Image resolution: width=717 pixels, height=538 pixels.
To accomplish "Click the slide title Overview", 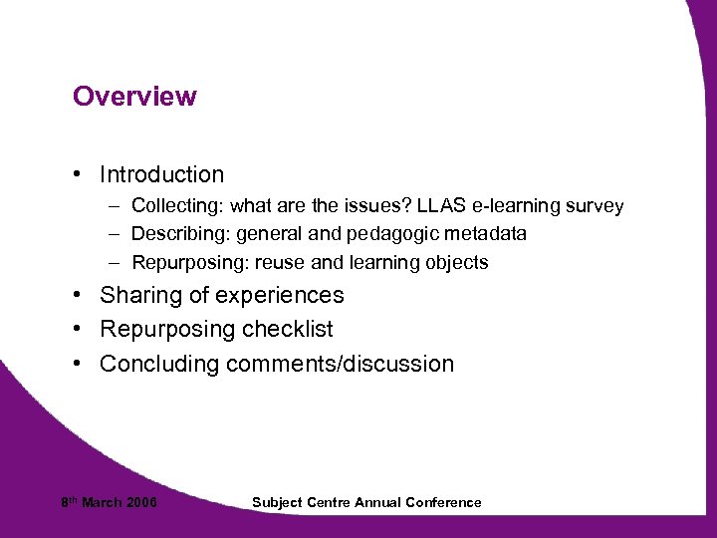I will (x=134, y=97).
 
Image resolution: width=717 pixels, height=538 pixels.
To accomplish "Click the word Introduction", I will (x=161, y=174).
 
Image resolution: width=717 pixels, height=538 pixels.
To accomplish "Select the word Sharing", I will (x=138, y=296).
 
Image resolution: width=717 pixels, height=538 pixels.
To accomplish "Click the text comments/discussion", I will (x=340, y=364).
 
